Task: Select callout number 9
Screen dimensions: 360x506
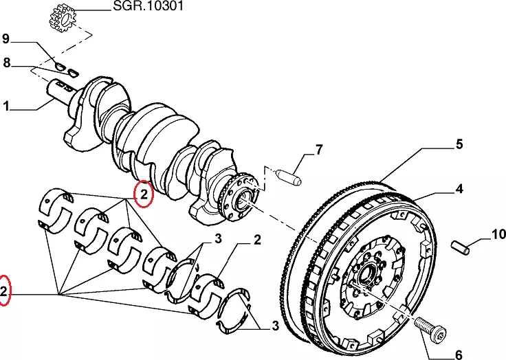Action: pyautogui.click(x=6, y=38)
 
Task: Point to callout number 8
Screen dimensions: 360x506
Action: pyautogui.click(x=6, y=63)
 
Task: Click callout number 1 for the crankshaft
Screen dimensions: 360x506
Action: pyautogui.click(x=6, y=106)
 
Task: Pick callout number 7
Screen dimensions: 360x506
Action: pyautogui.click(x=318, y=150)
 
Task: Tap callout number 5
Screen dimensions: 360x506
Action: pyautogui.click(x=459, y=145)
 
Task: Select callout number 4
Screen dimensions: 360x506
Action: pyautogui.click(x=459, y=188)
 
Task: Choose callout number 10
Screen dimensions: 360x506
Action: pyautogui.click(x=498, y=235)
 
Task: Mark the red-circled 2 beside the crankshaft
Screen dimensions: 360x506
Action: pyautogui.click(x=144, y=195)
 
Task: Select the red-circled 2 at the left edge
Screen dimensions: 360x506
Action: pyautogui.click(x=4, y=291)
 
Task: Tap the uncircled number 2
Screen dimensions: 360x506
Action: pyautogui.click(x=256, y=240)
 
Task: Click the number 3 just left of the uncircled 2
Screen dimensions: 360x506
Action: pyautogui.click(x=217, y=240)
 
